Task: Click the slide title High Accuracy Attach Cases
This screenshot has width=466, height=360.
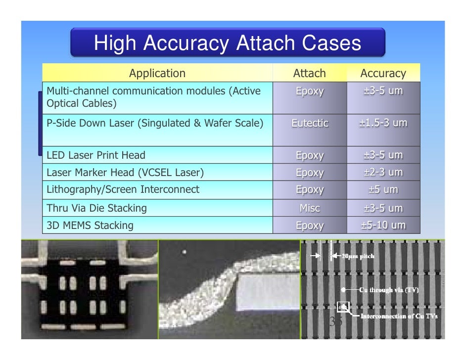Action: point(228,44)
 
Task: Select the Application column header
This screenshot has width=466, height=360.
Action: point(157,74)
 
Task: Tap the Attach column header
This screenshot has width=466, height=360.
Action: point(309,74)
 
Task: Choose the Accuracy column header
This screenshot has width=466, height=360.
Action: point(383,74)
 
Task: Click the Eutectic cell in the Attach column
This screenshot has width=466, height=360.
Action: point(310,123)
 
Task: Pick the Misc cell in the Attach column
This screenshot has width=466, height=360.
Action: point(310,208)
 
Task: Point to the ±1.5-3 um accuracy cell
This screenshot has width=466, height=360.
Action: point(383,123)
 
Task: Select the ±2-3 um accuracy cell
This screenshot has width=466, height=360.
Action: point(383,173)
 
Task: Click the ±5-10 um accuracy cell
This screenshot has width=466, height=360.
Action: point(383,225)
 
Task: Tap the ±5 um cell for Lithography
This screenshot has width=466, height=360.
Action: point(383,189)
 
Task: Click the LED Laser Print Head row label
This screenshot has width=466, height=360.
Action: point(96,155)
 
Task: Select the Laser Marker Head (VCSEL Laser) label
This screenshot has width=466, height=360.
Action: point(125,173)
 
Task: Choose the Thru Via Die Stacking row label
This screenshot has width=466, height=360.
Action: point(96,208)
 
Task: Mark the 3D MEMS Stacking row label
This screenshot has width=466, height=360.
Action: point(90,225)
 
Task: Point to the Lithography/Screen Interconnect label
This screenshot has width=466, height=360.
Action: point(123,189)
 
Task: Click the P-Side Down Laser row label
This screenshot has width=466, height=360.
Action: point(154,123)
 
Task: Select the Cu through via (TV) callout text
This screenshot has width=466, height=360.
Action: point(388,290)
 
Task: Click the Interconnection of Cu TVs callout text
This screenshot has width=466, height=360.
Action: point(399,316)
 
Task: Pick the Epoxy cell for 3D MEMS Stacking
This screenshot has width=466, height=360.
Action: point(310,225)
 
